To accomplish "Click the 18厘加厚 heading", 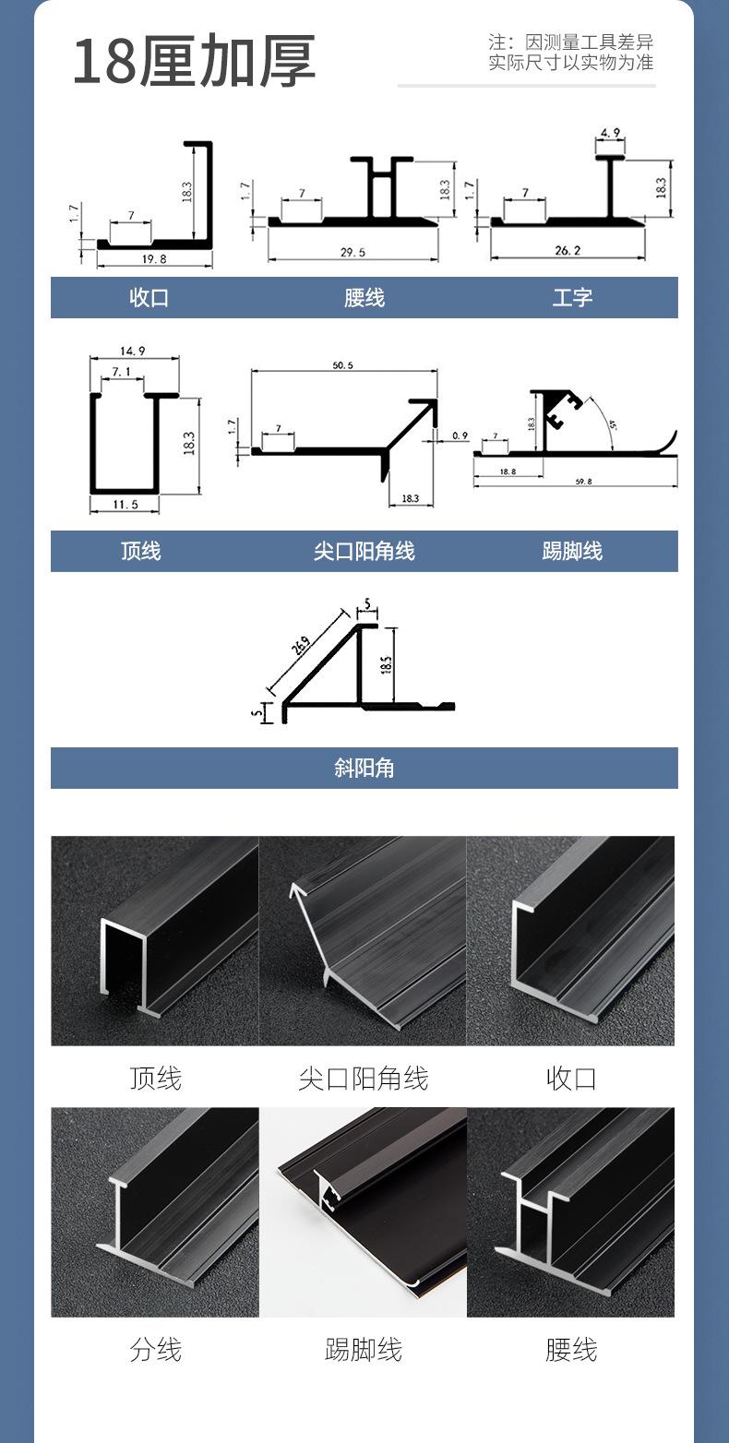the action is coord(194,62).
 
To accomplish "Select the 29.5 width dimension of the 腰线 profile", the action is coord(353,252).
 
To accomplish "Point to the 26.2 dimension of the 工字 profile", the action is coord(568,250).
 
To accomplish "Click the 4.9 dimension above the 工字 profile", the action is coord(610,133).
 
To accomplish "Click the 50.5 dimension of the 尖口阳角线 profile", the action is coord(342,365).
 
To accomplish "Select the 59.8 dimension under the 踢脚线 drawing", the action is coord(582,482).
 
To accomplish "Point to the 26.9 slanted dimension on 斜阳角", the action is coord(300,644).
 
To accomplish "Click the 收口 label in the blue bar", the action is coord(149,298).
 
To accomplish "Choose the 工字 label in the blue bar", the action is coord(572,298).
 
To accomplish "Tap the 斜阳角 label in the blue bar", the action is coord(364,768).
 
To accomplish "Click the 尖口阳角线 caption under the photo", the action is coord(363,1078).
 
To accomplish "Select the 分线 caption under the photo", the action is coord(155,1350).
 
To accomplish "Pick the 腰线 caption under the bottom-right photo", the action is coord(571,1350).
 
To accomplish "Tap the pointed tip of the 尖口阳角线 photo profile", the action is coord(294,886).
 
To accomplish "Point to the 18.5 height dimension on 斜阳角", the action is coord(387,664).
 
